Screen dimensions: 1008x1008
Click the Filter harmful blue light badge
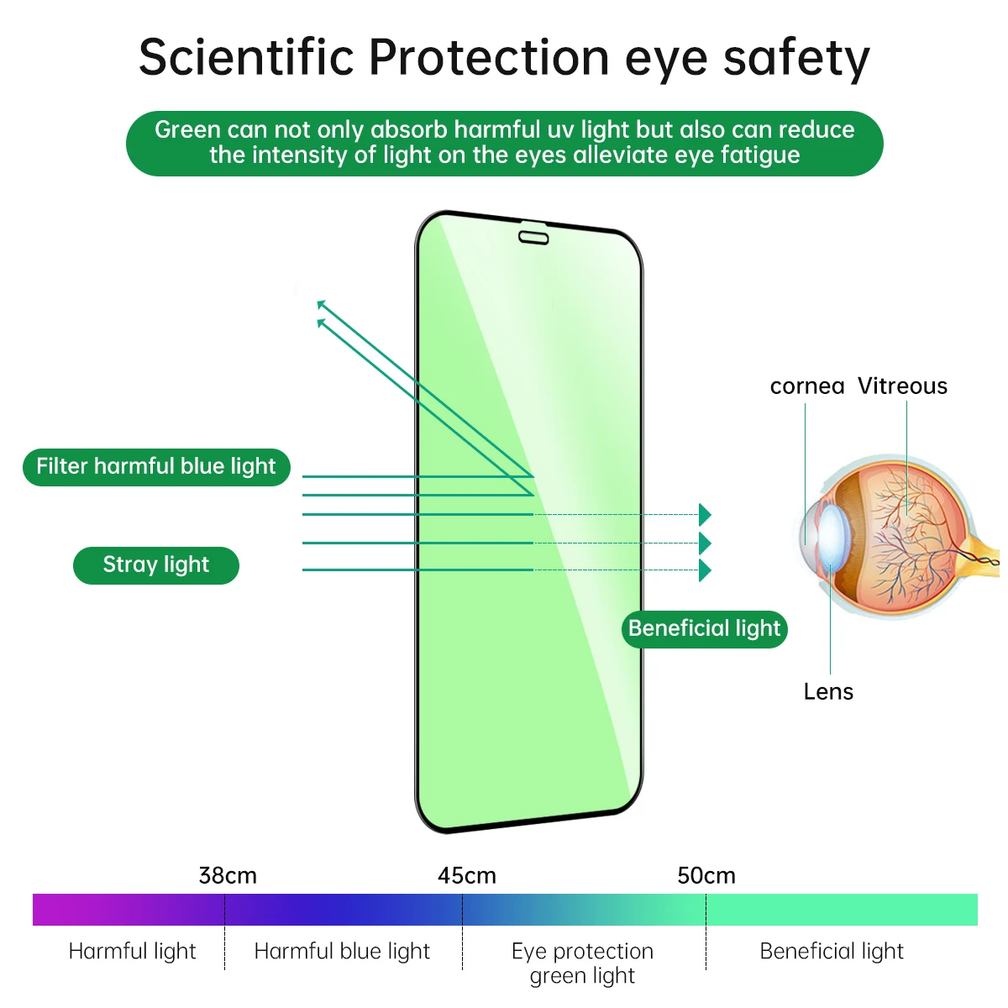click(156, 466)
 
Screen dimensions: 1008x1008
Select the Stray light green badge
click(156, 565)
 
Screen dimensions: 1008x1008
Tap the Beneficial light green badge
click(704, 628)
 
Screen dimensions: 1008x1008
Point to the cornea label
click(806, 386)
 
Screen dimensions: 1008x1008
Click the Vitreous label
click(902, 386)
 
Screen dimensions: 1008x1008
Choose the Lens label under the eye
click(828, 691)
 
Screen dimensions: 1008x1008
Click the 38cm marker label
click(228, 875)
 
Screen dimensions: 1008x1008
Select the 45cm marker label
click(467, 875)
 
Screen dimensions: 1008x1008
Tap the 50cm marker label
click(706, 875)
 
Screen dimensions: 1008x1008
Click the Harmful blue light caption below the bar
click(342, 951)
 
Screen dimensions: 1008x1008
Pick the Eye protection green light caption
click(582, 963)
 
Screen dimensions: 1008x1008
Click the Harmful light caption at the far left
click(132, 951)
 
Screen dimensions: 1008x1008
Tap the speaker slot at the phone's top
click(534, 238)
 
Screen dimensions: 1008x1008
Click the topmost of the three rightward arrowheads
click(705, 515)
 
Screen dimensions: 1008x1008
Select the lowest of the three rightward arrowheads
click(705, 570)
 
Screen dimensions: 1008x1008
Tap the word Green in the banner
click(187, 129)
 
